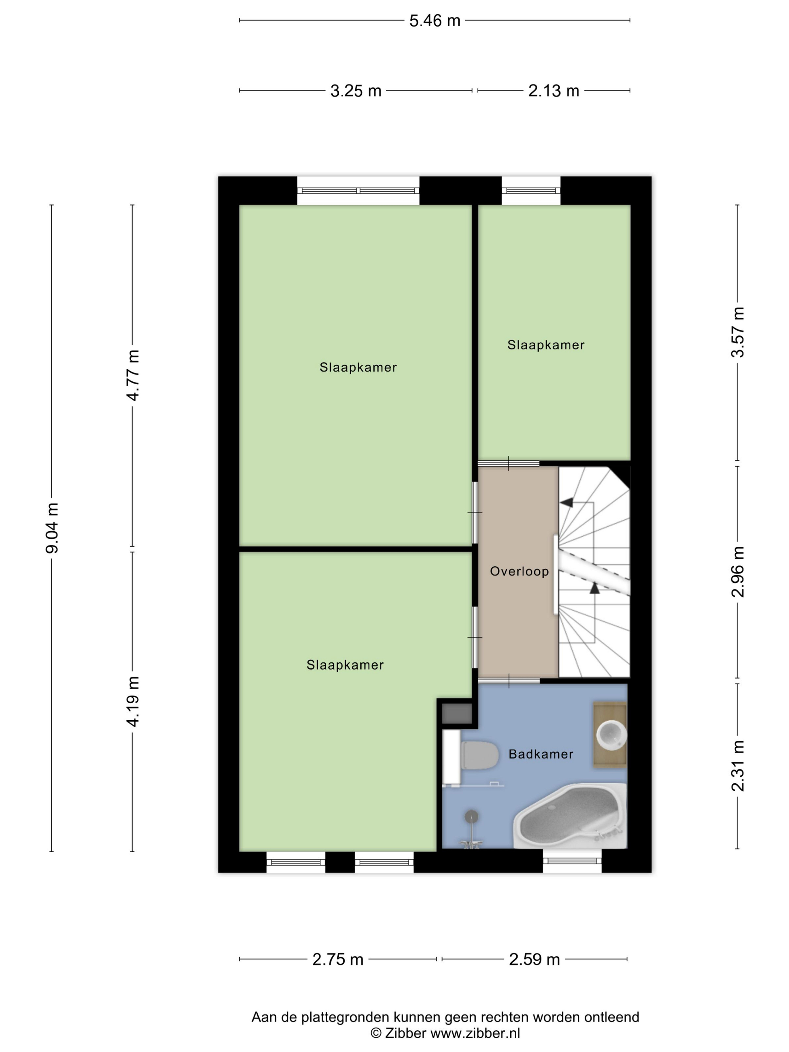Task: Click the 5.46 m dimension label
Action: (435, 20)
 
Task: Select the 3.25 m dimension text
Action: (356, 91)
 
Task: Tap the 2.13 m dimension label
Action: (553, 91)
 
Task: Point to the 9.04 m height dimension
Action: (52, 528)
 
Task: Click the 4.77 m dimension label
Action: (133, 375)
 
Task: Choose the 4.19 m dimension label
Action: (133, 701)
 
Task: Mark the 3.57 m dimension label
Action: (738, 332)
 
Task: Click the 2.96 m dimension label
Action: (738, 572)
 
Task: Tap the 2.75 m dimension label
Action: (338, 959)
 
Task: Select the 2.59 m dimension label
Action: (534, 959)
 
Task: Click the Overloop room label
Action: (519, 571)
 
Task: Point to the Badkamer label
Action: (541, 754)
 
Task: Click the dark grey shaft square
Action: (456, 714)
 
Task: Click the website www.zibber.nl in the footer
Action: (475, 1034)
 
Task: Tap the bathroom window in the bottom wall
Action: (572, 861)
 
